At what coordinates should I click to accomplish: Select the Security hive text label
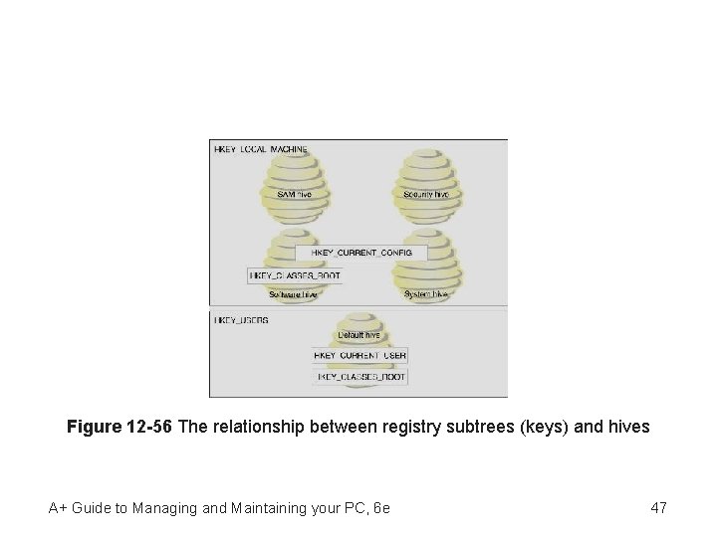(x=426, y=195)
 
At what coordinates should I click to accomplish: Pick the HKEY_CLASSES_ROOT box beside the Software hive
(x=295, y=274)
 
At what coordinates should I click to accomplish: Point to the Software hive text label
(x=293, y=294)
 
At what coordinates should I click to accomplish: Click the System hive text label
(x=426, y=294)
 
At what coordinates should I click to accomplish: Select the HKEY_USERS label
(x=241, y=320)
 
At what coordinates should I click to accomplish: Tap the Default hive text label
(x=359, y=336)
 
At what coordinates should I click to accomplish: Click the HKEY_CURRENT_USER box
(x=359, y=355)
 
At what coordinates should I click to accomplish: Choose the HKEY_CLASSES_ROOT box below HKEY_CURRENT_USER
(x=361, y=377)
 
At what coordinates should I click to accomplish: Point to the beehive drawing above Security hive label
(x=426, y=171)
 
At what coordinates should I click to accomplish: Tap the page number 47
(x=658, y=508)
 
